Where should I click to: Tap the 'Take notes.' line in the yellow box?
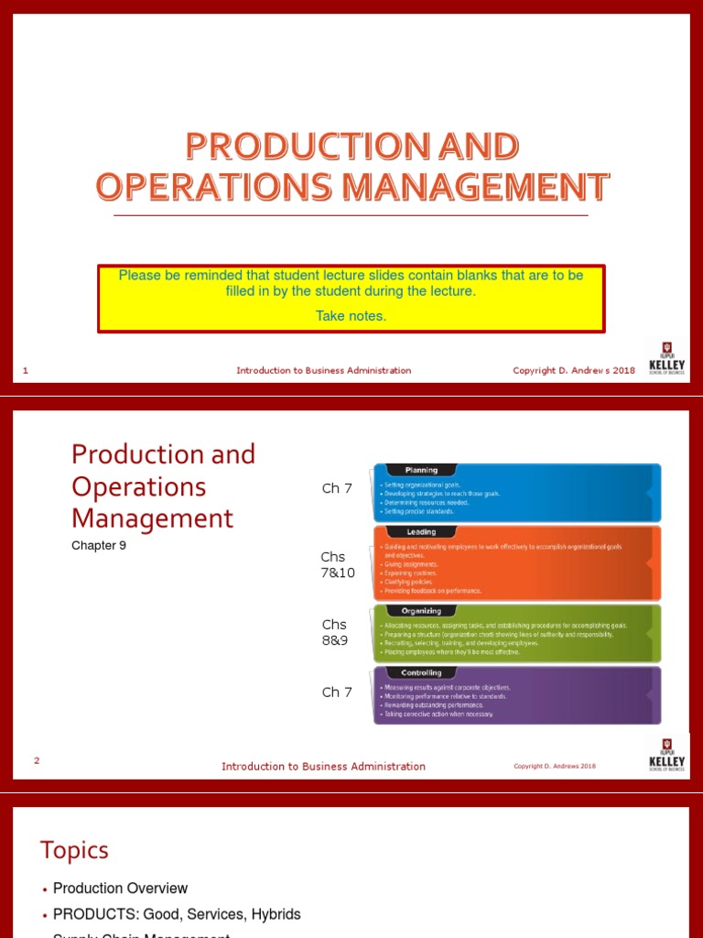(351, 316)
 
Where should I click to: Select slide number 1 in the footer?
(26, 370)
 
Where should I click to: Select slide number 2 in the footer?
(37, 760)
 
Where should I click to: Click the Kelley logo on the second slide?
(666, 754)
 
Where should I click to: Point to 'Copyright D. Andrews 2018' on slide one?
(574, 370)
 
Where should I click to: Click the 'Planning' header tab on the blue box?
(421, 470)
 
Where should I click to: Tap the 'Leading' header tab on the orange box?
(421, 531)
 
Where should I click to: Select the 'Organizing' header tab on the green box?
(421, 611)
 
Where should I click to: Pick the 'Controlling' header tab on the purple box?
(421, 672)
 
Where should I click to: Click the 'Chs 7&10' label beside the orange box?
(337, 565)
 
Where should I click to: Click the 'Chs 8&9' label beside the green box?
(335, 632)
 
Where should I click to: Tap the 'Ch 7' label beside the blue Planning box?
(337, 488)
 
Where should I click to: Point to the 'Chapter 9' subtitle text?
(99, 546)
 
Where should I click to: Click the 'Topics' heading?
(74, 850)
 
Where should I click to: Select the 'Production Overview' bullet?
(120, 889)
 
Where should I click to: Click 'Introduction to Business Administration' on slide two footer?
(323, 767)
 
